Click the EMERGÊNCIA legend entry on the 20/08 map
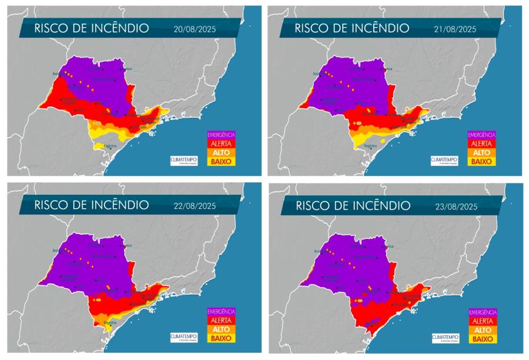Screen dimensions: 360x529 [x=220, y=135]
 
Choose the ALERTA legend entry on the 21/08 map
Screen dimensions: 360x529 [x=481, y=143]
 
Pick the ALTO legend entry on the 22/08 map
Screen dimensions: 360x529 [x=220, y=329]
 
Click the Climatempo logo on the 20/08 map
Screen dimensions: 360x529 [x=183, y=160]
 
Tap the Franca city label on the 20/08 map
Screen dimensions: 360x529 [x=128, y=69]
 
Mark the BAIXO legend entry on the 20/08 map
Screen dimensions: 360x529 [x=220, y=161]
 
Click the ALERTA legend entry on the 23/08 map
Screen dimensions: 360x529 [x=482, y=321]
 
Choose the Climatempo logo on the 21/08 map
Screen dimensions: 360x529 [x=444, y=160]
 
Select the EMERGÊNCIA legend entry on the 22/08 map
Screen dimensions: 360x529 [x=220, y=311]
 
